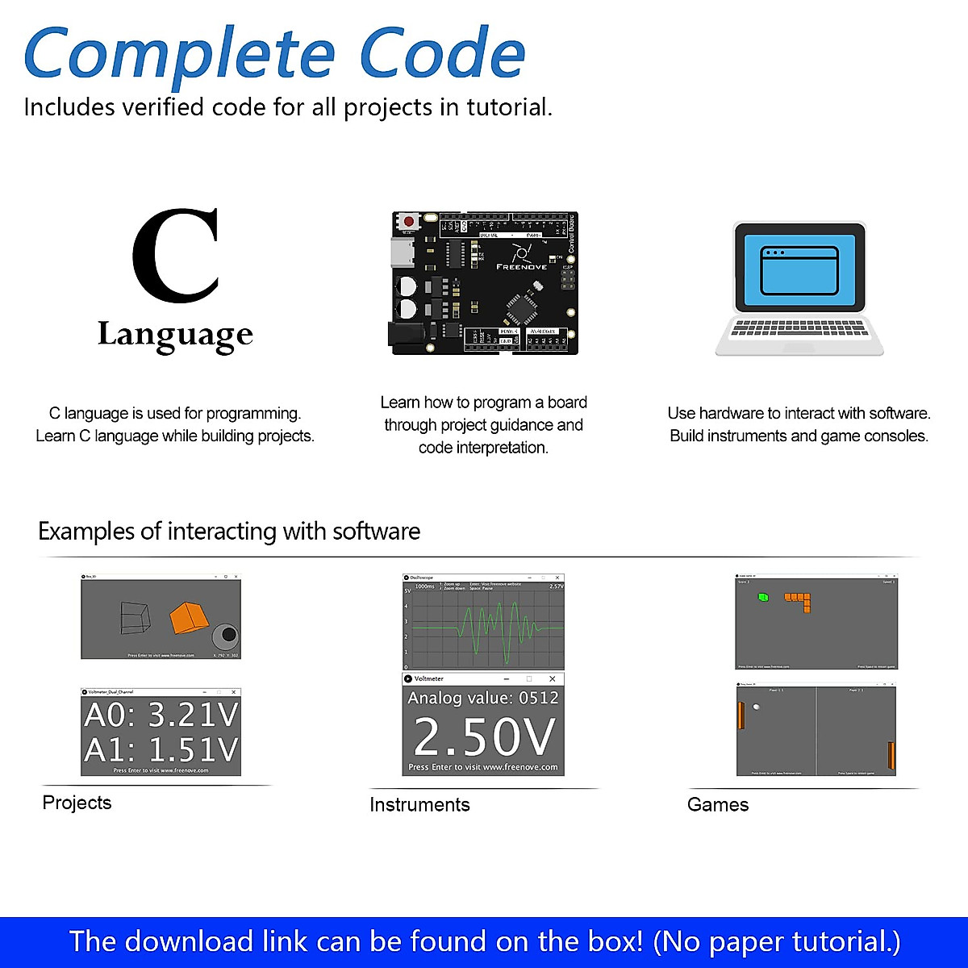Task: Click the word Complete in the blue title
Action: (179, 55)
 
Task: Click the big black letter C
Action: (177, 257)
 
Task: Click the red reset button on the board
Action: (409, 221)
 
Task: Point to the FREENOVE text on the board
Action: (521, 266)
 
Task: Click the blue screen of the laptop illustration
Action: (799, 266)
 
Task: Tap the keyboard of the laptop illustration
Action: (799, 329)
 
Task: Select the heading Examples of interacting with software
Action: (229, 532)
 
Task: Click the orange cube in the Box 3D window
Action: (190, 617)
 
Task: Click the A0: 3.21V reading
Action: (161, 715)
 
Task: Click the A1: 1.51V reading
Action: (161, 750)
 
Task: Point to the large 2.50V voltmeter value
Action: (484, 736)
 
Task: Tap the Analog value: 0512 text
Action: (483, 698)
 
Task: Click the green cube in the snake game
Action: (762, 598)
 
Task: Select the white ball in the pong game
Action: (756, 707)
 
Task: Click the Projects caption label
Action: (77, 803)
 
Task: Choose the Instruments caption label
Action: (419, 804)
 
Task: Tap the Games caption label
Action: (718, 804)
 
